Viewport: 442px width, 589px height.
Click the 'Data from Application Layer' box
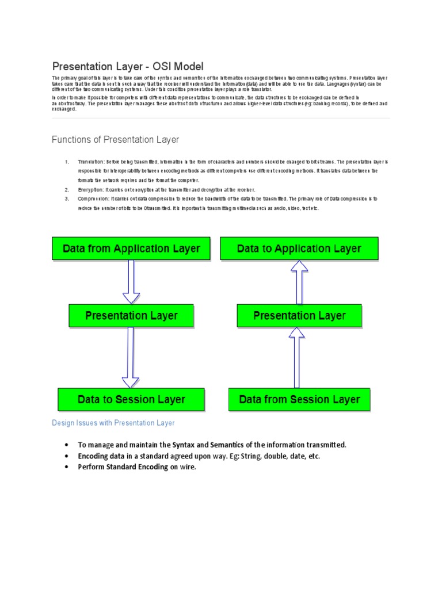[132, 248]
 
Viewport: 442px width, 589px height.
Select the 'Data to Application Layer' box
[299, 248]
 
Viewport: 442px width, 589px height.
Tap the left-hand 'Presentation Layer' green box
[131, 316]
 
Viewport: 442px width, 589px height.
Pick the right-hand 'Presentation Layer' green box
[299, 316]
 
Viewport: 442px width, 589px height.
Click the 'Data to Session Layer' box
[131, 399]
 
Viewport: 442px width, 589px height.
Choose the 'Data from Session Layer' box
[299, 399]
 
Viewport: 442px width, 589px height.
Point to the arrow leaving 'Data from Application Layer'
[132, 282]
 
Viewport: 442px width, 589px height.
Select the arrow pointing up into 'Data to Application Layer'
[299, 282]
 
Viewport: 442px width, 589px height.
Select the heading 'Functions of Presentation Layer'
[115, 140]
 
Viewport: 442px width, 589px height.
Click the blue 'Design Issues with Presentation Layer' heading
[113, 423]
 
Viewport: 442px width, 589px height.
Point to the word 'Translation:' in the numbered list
[91, 162]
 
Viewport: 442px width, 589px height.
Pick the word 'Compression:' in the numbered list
[93, 198]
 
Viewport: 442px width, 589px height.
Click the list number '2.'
[67, 190]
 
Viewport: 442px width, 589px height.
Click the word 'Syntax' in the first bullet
[178, 445]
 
